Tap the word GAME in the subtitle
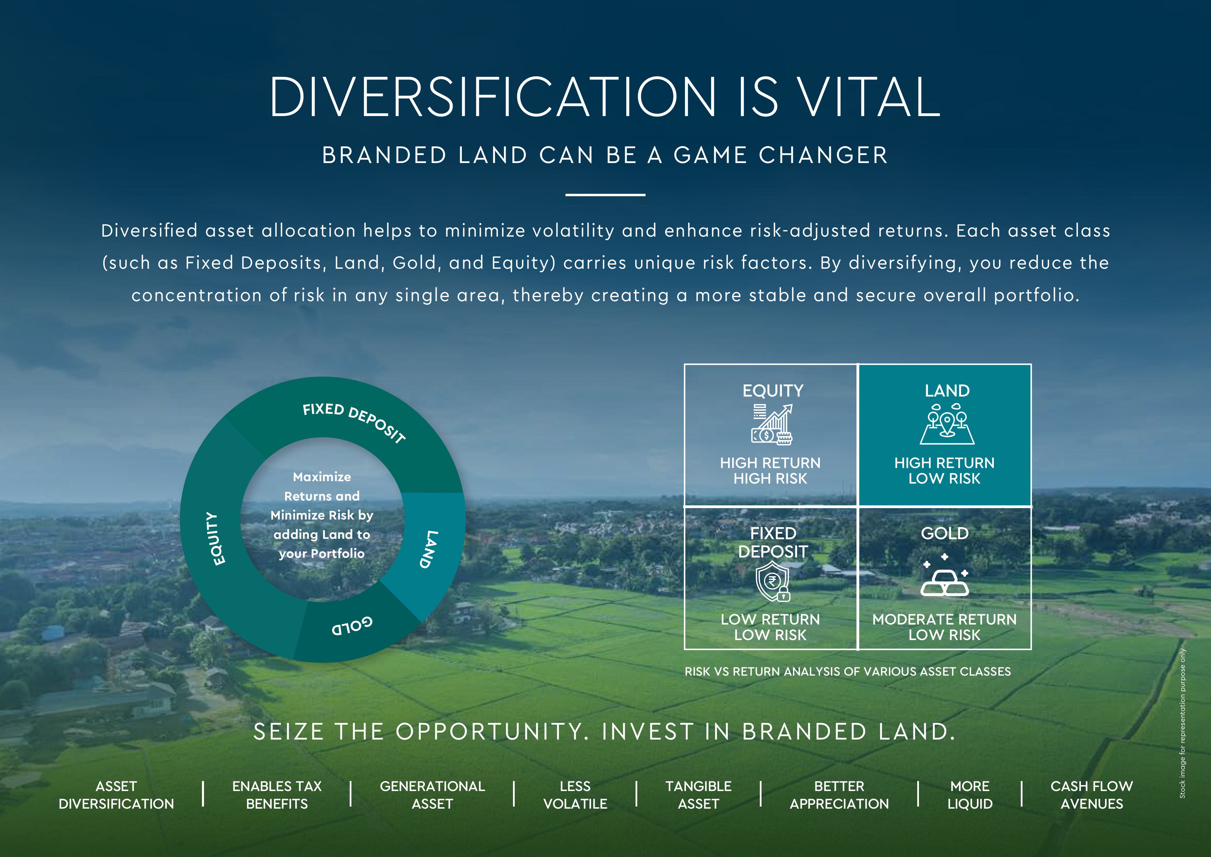click(x=710, y=155)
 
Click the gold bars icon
click(x=944, y=576)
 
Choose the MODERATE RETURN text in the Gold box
click(x=944, y=620)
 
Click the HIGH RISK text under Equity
click(x=770, y=479)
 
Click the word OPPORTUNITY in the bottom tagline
click(x=493, y=732)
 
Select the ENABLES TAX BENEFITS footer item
click(x=277, y=795)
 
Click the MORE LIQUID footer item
click(x=970, y=795)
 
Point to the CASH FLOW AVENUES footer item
click(x=1092, y=795)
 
